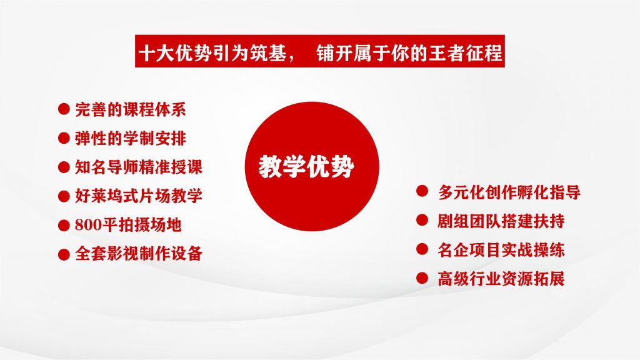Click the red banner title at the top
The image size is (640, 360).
click(x=320, y=51)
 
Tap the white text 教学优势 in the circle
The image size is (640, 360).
click(x=306, y=166)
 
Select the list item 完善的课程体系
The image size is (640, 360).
click(x=131, y=109)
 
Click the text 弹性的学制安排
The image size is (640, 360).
click(x=131, y=138)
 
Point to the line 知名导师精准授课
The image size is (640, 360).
click(x=139, y=167)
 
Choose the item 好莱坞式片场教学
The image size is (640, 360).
click(x=139, y=196)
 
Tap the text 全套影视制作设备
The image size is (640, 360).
click(x=139, y=254)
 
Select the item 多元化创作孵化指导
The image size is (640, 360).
click(x=509, y=192)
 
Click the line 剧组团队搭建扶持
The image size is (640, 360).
click(x=501, y=221)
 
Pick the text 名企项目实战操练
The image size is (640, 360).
click(x=501, y=250)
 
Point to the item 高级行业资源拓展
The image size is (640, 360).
click(x=501, y=279)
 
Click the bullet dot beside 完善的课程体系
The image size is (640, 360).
click(x=64, y=109)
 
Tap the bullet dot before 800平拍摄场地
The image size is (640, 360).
click(x=64, y=225)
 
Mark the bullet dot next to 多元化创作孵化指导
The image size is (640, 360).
click(x=422, y=191)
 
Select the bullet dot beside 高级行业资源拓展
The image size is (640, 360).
click(x=422, y=278)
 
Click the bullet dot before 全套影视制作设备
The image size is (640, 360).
click(x=64, y=254)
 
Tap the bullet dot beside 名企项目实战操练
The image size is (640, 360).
click(x=422, y=249)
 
